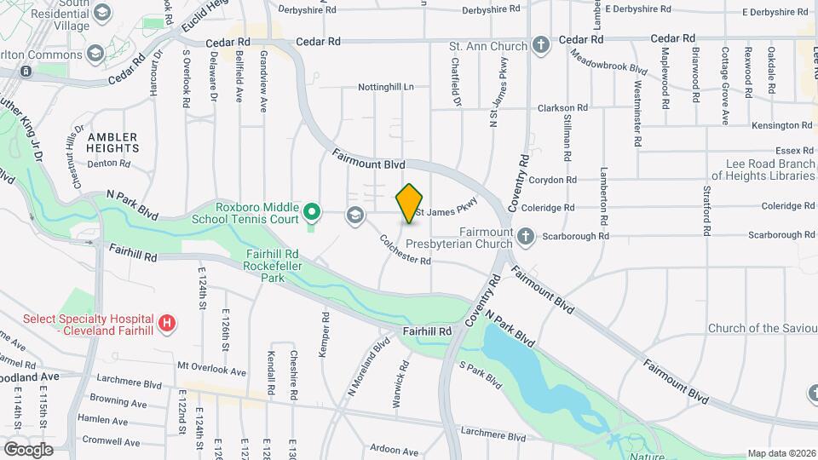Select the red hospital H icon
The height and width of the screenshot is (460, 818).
tap(168, 324)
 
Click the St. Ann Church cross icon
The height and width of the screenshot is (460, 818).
tap(540, 44)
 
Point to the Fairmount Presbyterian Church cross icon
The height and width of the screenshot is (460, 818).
tap(526, 235)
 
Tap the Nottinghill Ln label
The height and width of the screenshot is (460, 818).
tap(385, 87)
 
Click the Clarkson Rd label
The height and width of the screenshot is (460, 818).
tap(562, 108)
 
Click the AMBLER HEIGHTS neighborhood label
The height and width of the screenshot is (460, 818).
tap(112, 141)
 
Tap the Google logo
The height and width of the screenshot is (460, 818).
tap(27, 449)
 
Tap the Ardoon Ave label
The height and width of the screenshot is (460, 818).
tap(397, 448)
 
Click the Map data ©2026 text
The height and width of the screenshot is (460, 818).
tap(781, 453)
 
